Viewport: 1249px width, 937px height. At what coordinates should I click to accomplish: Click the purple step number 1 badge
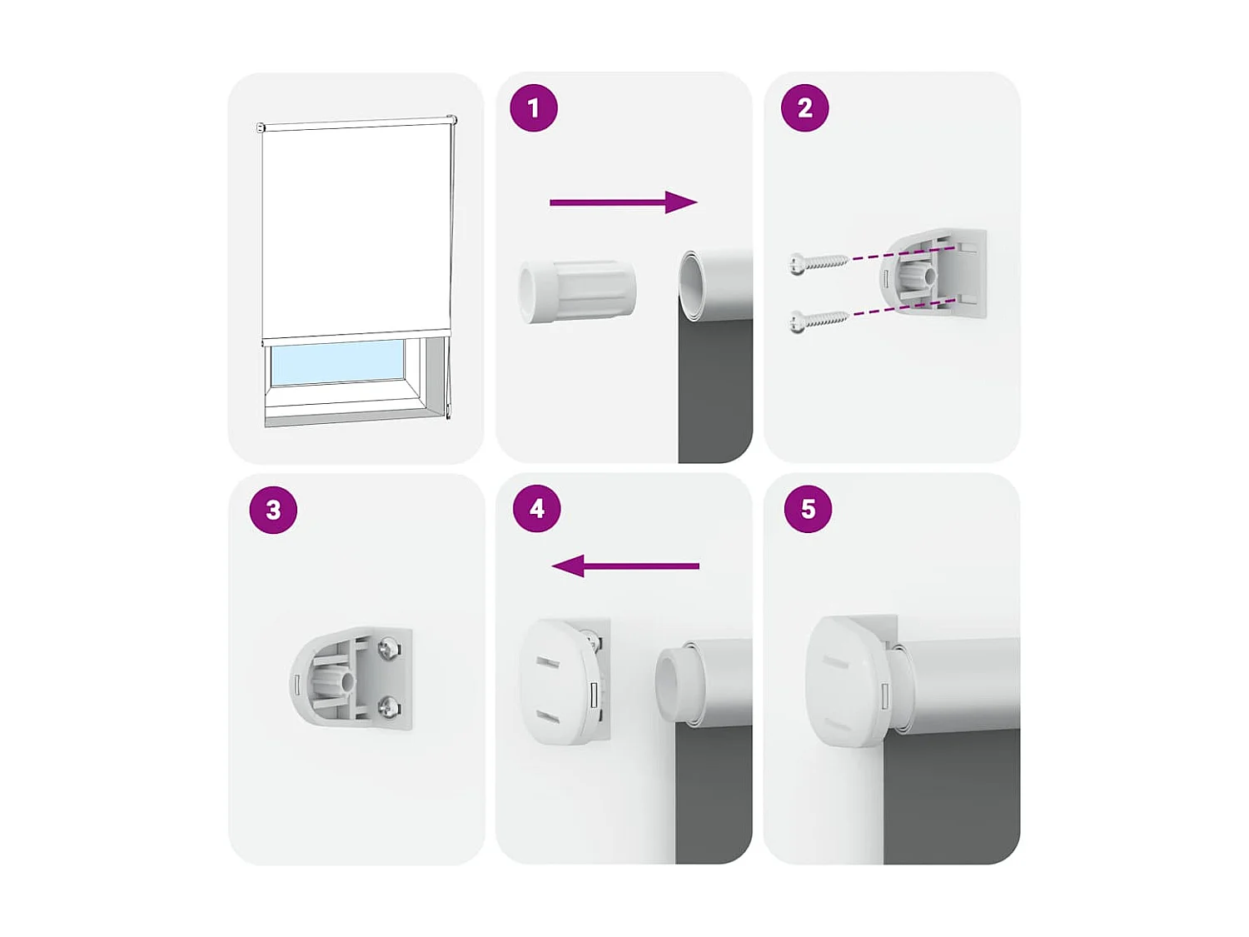point(534,108)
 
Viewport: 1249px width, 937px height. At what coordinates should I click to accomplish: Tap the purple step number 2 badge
point(804,108)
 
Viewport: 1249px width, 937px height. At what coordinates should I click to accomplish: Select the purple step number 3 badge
point(273,510)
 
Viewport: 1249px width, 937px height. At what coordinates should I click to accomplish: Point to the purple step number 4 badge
point(537,509)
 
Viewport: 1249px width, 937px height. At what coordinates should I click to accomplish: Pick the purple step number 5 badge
point(808,509)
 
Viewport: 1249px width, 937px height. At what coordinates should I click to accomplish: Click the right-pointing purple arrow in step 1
point(623,202)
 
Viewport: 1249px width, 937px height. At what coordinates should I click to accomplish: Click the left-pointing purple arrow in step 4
point(625,566)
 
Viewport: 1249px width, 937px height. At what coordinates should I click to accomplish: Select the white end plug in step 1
point(577,291)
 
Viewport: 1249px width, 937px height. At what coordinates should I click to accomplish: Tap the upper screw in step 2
point(819,263)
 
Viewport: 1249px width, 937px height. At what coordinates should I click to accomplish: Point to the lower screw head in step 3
point(389,708)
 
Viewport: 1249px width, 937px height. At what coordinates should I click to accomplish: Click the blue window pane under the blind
point(337,362)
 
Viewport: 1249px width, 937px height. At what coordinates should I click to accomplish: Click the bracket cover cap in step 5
point(843,681)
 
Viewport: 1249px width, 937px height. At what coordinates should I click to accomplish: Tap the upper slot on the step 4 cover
point(547,663)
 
